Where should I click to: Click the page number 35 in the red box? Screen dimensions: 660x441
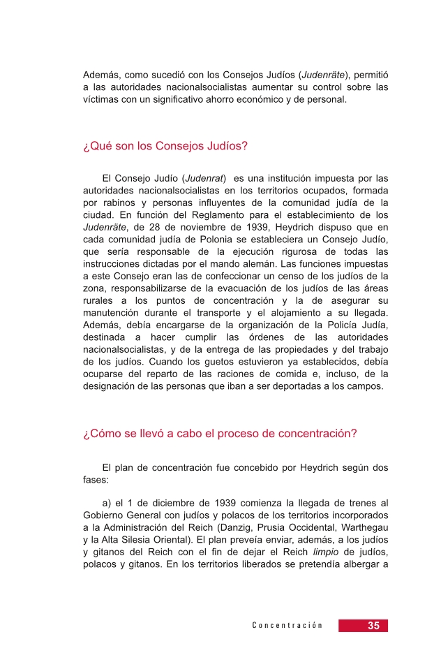[373, 626]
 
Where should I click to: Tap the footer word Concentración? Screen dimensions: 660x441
[287, 626]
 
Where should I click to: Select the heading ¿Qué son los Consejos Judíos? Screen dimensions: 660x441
[165, 147]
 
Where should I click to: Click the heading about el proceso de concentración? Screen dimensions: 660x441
[220, 433]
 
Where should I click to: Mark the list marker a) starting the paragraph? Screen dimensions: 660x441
[107, 501]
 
